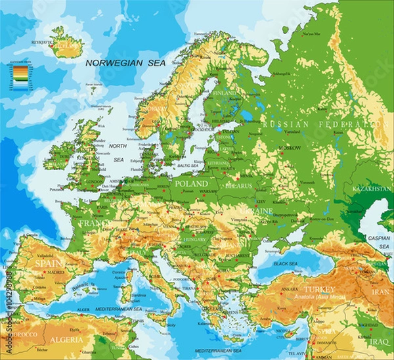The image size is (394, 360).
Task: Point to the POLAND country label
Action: pos(192,183)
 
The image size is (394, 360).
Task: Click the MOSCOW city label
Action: pos(290,148)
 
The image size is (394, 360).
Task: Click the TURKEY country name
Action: pos(320,289)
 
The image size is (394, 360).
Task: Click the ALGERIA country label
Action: pos(66,340)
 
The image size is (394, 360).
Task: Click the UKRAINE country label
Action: pos(263,210)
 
